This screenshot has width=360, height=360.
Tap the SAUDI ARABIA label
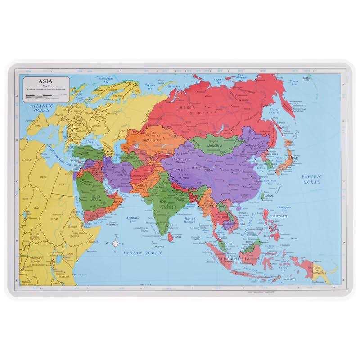pyautogui.click(x=99, y=198)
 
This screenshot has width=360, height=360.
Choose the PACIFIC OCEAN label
pyautogui.click(x=311, y=180)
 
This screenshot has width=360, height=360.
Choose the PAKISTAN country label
pyautogui.click(x=141, y=185)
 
